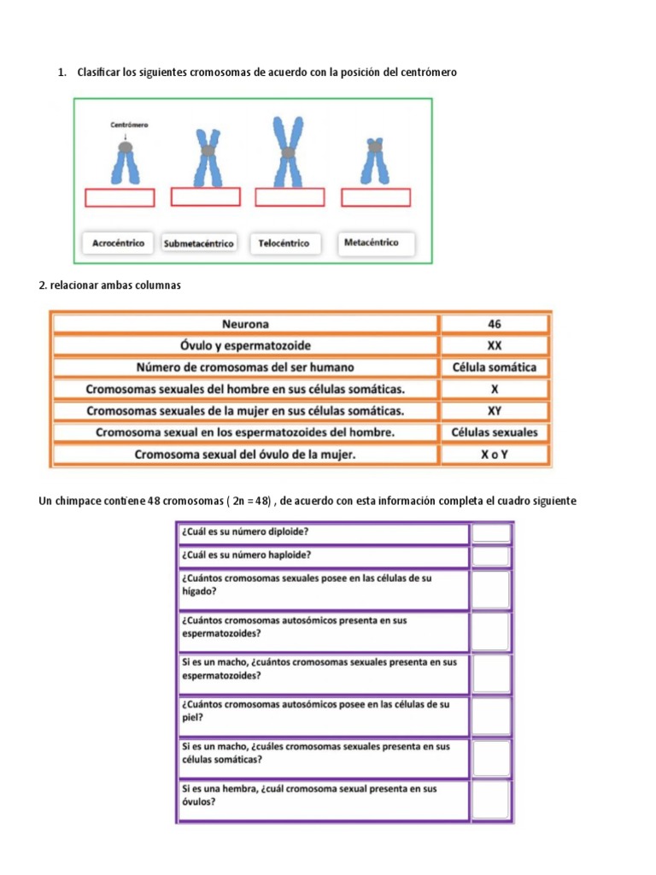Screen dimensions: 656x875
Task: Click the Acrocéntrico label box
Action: point(118,244)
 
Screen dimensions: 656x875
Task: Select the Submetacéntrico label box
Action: point(199,244)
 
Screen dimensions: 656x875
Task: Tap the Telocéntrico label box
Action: point(284,244)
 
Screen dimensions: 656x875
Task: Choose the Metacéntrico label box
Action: point(372,243)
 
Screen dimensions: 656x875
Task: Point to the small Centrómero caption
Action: point(129,125)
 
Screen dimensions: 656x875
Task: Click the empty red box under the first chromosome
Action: point(120,198)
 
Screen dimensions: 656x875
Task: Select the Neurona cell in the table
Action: point(245,325)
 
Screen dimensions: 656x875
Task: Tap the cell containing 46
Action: point(495,325)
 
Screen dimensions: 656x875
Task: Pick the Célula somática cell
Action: point(495,367)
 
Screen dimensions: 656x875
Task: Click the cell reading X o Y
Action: point(495,455)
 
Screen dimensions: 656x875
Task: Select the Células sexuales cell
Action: point(495,432)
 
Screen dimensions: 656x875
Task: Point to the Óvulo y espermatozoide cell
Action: point(245,346)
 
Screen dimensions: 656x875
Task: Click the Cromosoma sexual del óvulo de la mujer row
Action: point(245,455)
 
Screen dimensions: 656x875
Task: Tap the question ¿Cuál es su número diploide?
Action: point(245,531)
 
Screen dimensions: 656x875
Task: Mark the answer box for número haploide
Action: point(492,556)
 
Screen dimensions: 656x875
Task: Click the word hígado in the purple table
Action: point(198,590)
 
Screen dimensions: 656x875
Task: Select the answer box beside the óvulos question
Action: point(492,801)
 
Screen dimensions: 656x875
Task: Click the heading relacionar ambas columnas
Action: point(110,285)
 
